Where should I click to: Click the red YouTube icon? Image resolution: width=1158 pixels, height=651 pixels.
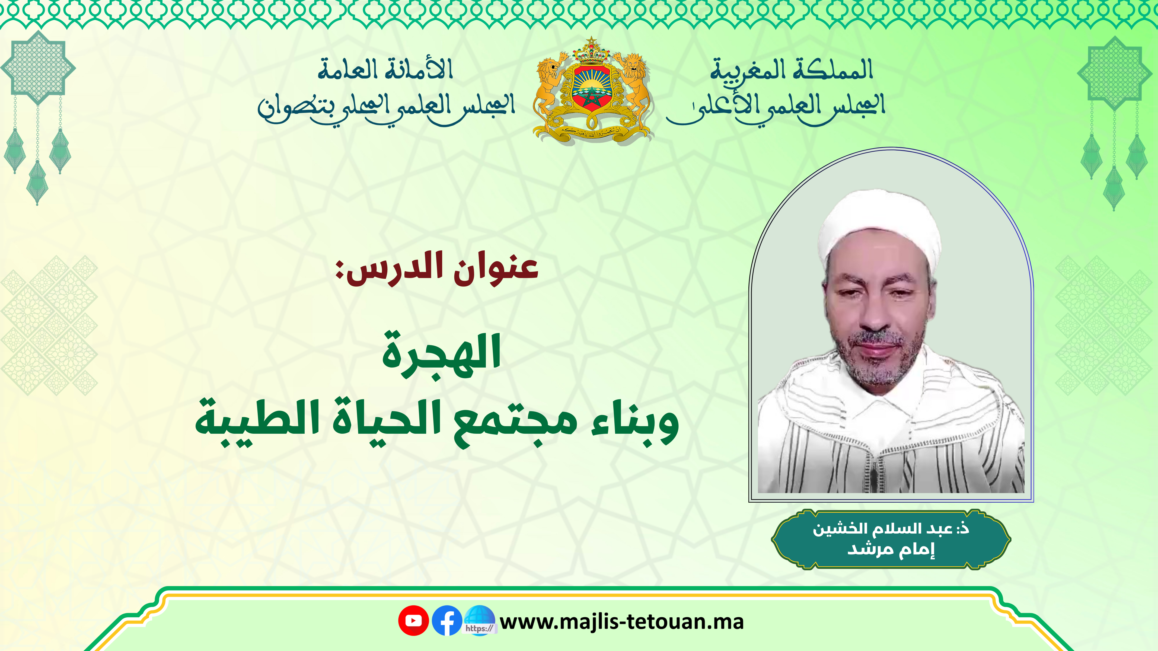point(413,620)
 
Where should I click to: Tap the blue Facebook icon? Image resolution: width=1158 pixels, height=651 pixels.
point(447,620)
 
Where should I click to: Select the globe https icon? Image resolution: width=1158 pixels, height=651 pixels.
point(480,620)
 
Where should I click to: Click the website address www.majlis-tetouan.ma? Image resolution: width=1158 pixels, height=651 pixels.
point(622,622)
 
